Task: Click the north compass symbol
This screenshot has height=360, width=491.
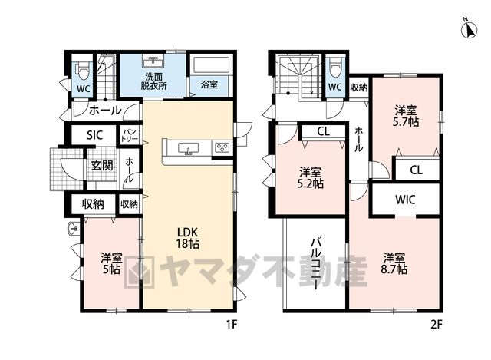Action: click(470, 29)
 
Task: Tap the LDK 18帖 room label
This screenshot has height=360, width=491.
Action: click(187, 238)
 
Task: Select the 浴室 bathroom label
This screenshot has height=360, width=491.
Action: click(209, 84)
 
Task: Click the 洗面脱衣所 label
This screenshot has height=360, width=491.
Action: click(153, 81)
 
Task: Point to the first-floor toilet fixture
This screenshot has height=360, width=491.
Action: click(83, 71)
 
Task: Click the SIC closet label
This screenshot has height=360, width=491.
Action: click(94, 135)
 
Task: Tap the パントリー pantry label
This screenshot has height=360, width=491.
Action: click(130, 135)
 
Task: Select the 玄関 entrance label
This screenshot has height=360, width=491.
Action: click(102, 166)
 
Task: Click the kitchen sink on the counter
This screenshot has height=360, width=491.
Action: click(188, 148)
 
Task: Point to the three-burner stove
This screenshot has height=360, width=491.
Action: click(222, 147)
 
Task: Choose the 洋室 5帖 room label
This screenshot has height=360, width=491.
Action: click(111, 263)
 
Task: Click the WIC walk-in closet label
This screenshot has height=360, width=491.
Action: click(405, 200)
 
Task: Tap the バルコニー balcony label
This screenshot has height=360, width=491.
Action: click(315, 264)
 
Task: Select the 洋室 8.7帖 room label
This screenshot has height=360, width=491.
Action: click(394, 263)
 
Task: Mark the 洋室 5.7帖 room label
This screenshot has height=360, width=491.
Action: click(406, 116)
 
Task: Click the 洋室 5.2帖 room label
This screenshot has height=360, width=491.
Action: click(310, 177)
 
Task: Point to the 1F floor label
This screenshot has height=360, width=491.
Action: click(232, 325)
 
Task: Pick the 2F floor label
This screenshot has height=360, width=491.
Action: click(437, 325)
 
